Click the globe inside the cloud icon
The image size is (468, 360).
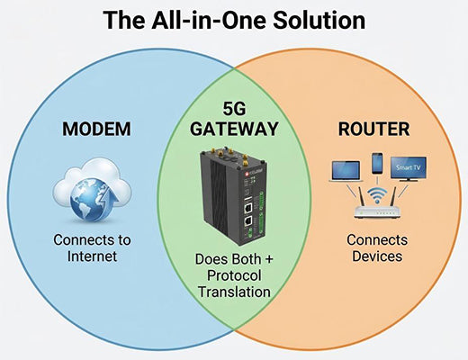tap(83, 193)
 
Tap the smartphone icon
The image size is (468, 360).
tap(377, 164)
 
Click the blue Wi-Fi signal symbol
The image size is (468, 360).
tap(378, 197)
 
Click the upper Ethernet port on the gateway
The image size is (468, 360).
tap(247, 205)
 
